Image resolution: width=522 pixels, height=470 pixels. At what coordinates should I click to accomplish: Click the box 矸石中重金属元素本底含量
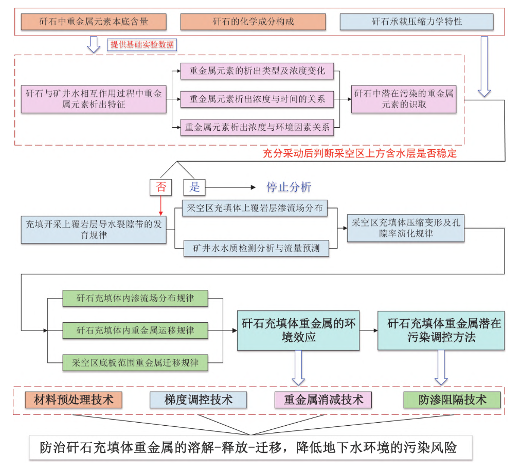pos(94,22)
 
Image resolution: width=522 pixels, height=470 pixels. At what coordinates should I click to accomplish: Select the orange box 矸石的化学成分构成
pos(253,22)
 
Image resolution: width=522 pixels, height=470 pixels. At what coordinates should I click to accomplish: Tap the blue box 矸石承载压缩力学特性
pos(417,22)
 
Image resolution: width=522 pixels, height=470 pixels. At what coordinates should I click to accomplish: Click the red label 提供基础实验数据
pos(142,45)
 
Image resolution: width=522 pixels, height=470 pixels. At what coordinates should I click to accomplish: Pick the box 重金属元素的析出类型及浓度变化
pos(257,71)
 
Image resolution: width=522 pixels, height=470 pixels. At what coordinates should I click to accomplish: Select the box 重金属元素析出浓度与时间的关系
pos(257,99)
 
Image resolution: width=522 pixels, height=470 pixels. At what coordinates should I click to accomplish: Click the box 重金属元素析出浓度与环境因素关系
pos(257,127)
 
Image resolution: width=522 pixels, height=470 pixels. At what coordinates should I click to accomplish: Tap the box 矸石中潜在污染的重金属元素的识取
pos(404,99)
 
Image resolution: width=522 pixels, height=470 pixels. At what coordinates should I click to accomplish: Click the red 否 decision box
pos(161,187)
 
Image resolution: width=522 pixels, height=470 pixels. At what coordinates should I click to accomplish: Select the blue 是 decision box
pos(194,187)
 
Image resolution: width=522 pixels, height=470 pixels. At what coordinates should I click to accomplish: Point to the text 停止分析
pos(289,187)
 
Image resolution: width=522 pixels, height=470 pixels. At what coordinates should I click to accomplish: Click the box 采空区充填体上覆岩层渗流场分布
pos(256,208)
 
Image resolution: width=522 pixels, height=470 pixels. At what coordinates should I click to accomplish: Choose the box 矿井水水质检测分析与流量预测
pos(256,248)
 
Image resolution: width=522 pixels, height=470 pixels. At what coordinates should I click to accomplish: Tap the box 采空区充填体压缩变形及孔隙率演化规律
pos(406,228)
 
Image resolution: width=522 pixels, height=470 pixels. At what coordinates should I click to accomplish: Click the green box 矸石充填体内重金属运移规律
pos(135,330)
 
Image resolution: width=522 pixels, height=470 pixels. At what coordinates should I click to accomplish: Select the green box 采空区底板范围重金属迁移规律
pos(135,362)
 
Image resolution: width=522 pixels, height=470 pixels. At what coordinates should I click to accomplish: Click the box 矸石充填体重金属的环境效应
pos(299,330)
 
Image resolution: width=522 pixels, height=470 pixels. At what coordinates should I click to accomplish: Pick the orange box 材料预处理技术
pos(74,399)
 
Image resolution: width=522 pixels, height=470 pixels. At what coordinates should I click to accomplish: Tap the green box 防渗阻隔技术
pos(452,399)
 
